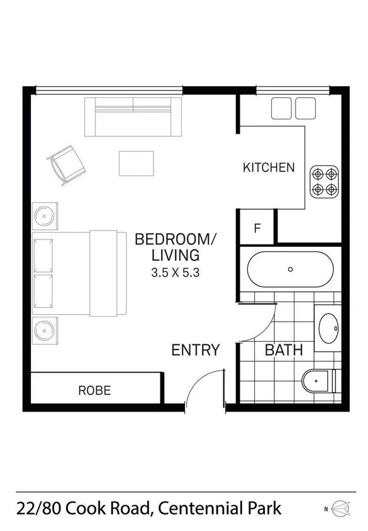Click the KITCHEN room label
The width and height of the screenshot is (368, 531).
(x=269, y=167)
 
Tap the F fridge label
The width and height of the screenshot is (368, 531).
(x=257, y=228)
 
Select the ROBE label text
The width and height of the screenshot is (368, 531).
(x=94, y=390)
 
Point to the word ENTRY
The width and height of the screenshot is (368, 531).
(x=196, y=350)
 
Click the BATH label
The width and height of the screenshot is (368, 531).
(x=284, y=350)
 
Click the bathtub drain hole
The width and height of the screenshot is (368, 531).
(x=290, y=269)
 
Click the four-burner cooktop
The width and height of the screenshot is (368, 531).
(x=325, y=180)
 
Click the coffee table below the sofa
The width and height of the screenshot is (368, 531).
(x=137, y=163)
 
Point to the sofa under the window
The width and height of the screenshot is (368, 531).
(x=133, y=117)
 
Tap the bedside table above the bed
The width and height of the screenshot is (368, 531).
(x=45, y=217)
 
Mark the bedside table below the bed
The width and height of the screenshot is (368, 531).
(x=45, y=330)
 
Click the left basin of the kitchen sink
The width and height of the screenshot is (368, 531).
(x=281, y=108)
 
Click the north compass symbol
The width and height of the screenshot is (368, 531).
(x=340, y=508)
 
